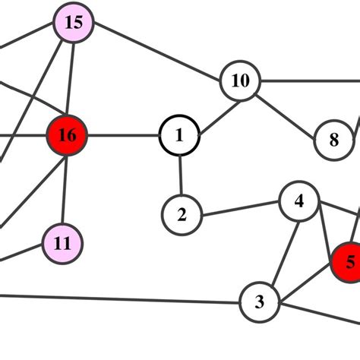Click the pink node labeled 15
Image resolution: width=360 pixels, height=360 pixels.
pos(73,22)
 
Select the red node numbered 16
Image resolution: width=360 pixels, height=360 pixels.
pos(68,136)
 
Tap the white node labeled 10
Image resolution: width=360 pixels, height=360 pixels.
pos(240,81)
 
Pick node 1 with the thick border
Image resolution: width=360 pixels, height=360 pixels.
pos(179,137)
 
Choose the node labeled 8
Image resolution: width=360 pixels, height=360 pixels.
pos(334,140)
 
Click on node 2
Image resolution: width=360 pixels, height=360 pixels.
pos(182,215)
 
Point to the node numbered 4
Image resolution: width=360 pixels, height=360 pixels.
pos(299,201)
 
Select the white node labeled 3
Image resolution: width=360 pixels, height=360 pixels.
pos(260,302)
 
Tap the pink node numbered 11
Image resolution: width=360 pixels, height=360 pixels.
pos(63,243)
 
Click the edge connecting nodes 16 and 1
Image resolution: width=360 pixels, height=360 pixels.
pos(123,137)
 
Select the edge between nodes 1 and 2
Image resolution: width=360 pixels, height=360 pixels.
pos(180,175)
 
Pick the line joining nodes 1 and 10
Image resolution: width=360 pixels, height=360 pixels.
pos(210,108)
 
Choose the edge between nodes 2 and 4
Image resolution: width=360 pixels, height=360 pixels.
pos(240,208)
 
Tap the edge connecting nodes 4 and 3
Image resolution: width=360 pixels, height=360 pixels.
pos(279,251)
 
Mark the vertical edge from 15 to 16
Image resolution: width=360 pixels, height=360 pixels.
pos(71,79)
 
